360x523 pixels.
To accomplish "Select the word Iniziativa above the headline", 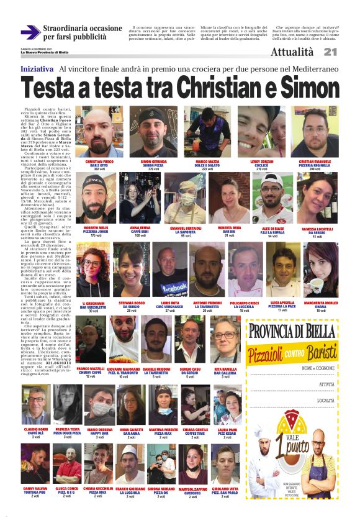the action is point(37,68).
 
